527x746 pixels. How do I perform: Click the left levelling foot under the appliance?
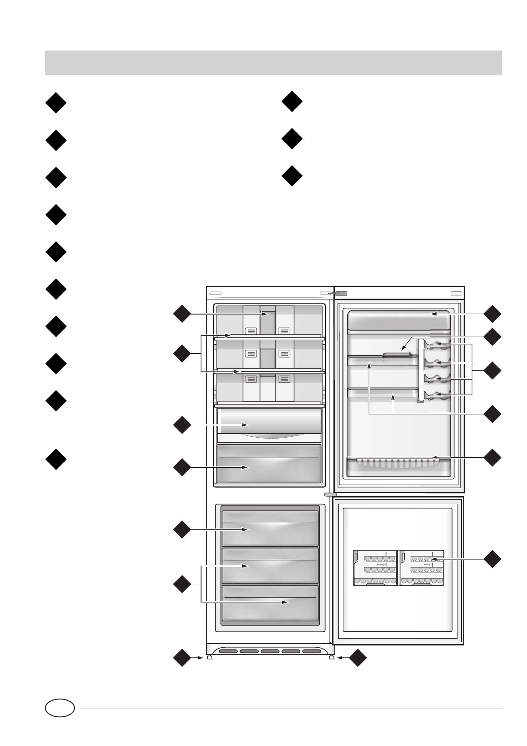point(209,657)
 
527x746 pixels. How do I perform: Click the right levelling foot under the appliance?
point(331,657)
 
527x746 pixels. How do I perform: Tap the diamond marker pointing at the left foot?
point(182,658)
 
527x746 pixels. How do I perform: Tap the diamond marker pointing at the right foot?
point(358,658)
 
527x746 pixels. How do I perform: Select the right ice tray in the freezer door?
point(422,568)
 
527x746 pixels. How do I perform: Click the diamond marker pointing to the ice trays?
point(493,559)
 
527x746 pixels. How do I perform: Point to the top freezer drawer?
point(270,528)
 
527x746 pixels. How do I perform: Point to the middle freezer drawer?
point(270,566)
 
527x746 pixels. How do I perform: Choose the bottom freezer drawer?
point(270,602)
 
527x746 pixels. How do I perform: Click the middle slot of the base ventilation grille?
point(270,652)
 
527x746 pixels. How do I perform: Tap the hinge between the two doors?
point(330,494)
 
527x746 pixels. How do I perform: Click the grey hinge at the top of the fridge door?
point(341,293)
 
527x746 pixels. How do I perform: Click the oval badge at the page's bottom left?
point(60,708)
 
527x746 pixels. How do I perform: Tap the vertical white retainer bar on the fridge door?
point(421,370)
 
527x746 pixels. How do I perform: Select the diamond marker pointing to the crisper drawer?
point(182,467)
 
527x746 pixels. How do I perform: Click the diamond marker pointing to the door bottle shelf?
point(493,457)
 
